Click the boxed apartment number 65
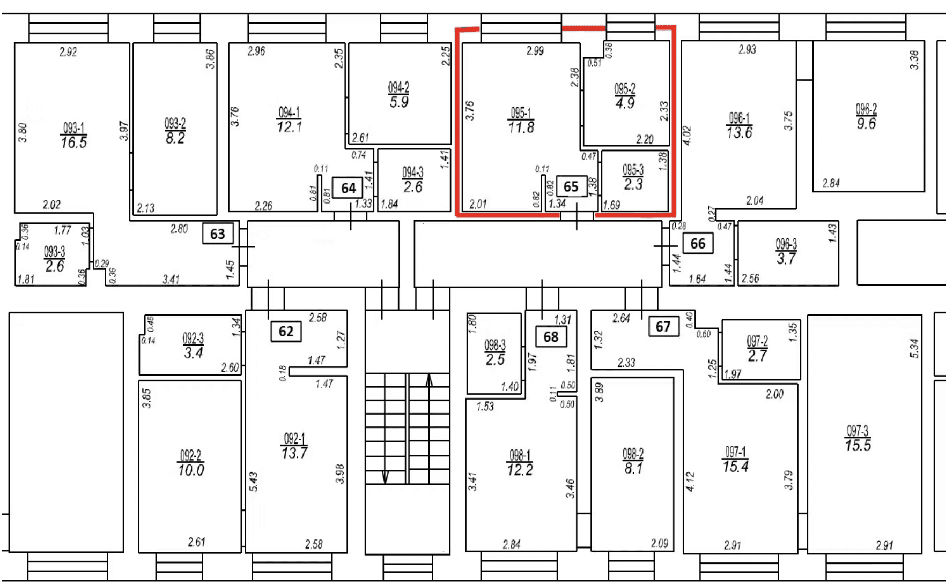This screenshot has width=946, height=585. pyautogui.click(x=571, y=186)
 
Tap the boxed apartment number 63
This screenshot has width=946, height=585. pyautogui.click(x=217, y=234)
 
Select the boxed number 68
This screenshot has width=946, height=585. pyautogui.click(x=551, y=337)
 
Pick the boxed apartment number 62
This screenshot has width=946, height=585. pyautogui.click(x=286, y=331)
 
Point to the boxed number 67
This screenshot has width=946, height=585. pyautogui.click(x=663, y=327)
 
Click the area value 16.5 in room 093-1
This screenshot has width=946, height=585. pyautogui.click(x=74, y=142)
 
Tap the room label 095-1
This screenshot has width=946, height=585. pyautogui.click(x=521, y=112)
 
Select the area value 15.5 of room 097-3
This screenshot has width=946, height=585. pyautogui.click(x=858, y=446)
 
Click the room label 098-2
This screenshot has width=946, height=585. pyautogui.click(x=633, y=454)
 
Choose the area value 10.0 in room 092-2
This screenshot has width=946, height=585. pyautogui.click(x=191, y=470)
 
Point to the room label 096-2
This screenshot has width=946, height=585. pyautogui.click(x=866, y=109)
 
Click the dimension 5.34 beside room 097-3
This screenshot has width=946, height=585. pyautogui.click(x=915, y=349)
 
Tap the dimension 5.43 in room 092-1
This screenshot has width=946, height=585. pyautogui.click(x=254, y=482)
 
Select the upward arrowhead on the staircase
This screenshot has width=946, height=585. pyautogui.click(x=429, y=380)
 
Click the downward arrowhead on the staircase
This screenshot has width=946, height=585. pyautogui.click(x=385, y=477)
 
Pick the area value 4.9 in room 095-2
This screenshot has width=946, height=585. pyautogui.click(x=625, y=103)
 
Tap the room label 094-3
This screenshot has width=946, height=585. pyautogui.click(x=412, y=172)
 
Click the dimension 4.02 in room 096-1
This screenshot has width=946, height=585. pyautogui.click(x=687, y=136)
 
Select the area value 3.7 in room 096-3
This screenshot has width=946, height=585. pyautogui.click(x=786, y=259)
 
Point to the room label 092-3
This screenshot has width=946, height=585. pyautogui.click(x=193, y=339)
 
